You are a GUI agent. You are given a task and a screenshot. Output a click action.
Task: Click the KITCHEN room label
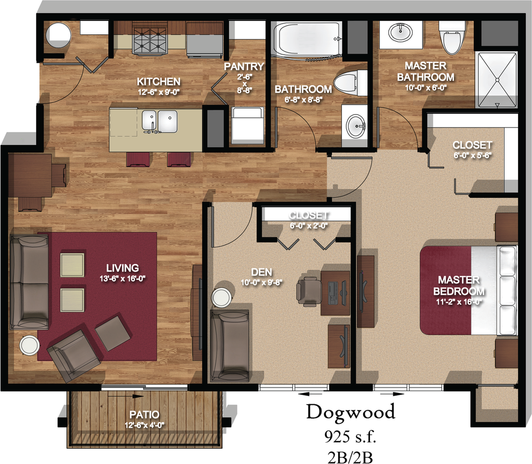[159, 82]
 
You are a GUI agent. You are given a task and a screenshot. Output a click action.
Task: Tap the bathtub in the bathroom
[307, 41]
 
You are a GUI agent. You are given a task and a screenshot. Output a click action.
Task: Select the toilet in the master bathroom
[452, 37]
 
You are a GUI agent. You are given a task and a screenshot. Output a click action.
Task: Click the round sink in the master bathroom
[400, 32]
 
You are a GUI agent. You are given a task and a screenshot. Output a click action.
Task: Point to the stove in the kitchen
[150, 40]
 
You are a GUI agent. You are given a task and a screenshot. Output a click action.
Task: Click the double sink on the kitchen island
[159, 121]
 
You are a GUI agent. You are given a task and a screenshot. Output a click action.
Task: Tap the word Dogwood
[351, 413]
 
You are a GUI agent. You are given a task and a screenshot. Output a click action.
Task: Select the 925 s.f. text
[350, 437]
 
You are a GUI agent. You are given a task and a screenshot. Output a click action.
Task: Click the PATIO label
[144, 415]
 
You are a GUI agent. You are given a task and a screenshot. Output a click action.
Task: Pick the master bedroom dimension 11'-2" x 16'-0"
[459, 302]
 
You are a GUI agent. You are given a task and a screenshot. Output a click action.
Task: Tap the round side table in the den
[222, 297]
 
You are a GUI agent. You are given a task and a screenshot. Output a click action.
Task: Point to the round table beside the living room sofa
[30, 345]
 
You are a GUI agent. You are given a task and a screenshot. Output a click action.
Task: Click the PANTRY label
[244, 67]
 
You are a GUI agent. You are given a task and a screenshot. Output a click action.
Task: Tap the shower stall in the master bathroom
[496, 79]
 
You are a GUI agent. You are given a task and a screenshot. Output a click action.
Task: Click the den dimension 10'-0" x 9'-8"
[262, 282]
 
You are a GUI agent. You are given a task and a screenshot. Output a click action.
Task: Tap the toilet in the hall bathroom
[350, 83]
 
